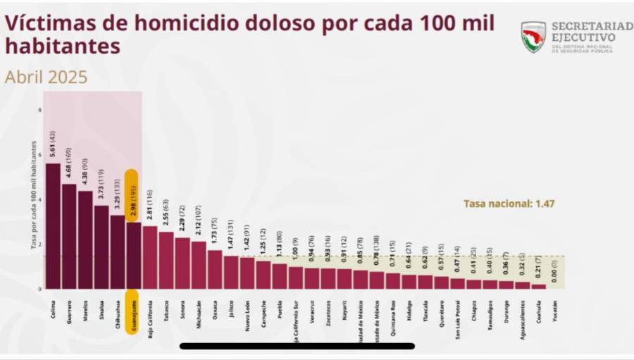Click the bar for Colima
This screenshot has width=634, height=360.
pos(53,225)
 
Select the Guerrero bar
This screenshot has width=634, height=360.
pos(69,236)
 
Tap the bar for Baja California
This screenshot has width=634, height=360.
pos(149,257)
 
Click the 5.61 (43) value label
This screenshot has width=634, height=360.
pos(53,145)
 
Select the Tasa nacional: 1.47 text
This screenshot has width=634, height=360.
pos(499,204)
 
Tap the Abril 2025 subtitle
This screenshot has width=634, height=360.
pos(46,77)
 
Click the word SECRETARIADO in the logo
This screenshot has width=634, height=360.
pos(592,26)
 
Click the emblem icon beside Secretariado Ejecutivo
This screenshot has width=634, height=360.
pos(533,37)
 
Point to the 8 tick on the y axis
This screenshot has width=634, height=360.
pos(39,110)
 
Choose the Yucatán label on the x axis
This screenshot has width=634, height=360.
pos(554,311)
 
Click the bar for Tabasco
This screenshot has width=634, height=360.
pos(166,261)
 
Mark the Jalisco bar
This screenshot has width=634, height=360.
pos(230,272)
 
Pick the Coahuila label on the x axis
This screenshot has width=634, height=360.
pos(538,311)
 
